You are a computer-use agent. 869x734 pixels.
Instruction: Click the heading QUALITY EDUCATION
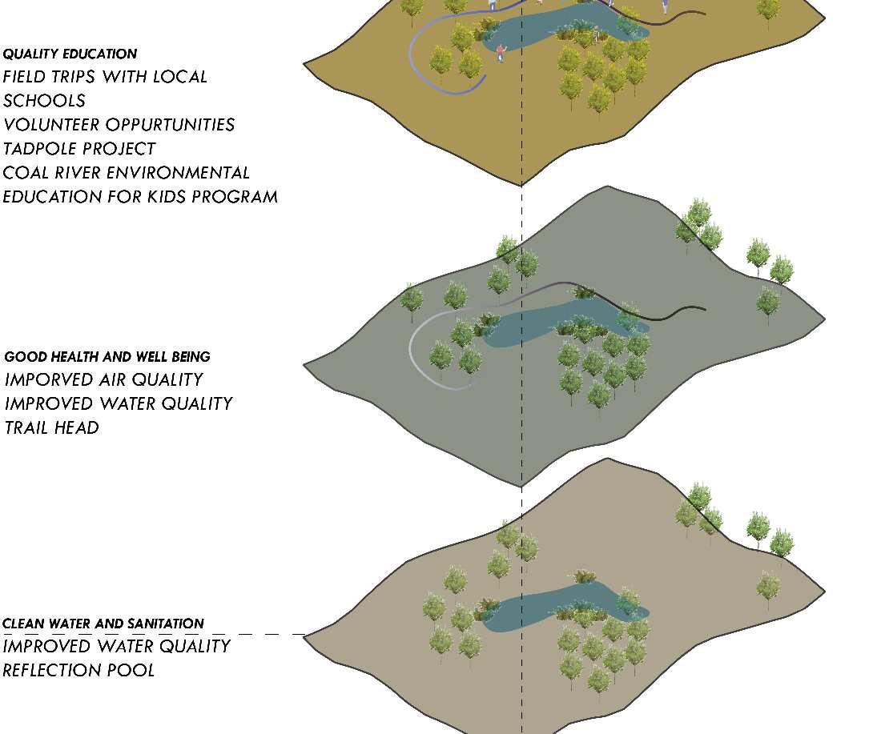coord(70,54)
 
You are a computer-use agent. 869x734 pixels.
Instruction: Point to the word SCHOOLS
coord(44,101)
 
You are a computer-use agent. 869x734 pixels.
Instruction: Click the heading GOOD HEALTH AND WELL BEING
coord(107,357)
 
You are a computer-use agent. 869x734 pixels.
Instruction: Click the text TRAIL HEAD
coord(52,428)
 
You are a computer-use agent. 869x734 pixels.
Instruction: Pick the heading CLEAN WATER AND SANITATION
coord(103,624)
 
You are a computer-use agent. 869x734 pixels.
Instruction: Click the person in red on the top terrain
coord(501,53)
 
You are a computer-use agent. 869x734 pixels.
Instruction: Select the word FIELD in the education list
coord(26,77)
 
